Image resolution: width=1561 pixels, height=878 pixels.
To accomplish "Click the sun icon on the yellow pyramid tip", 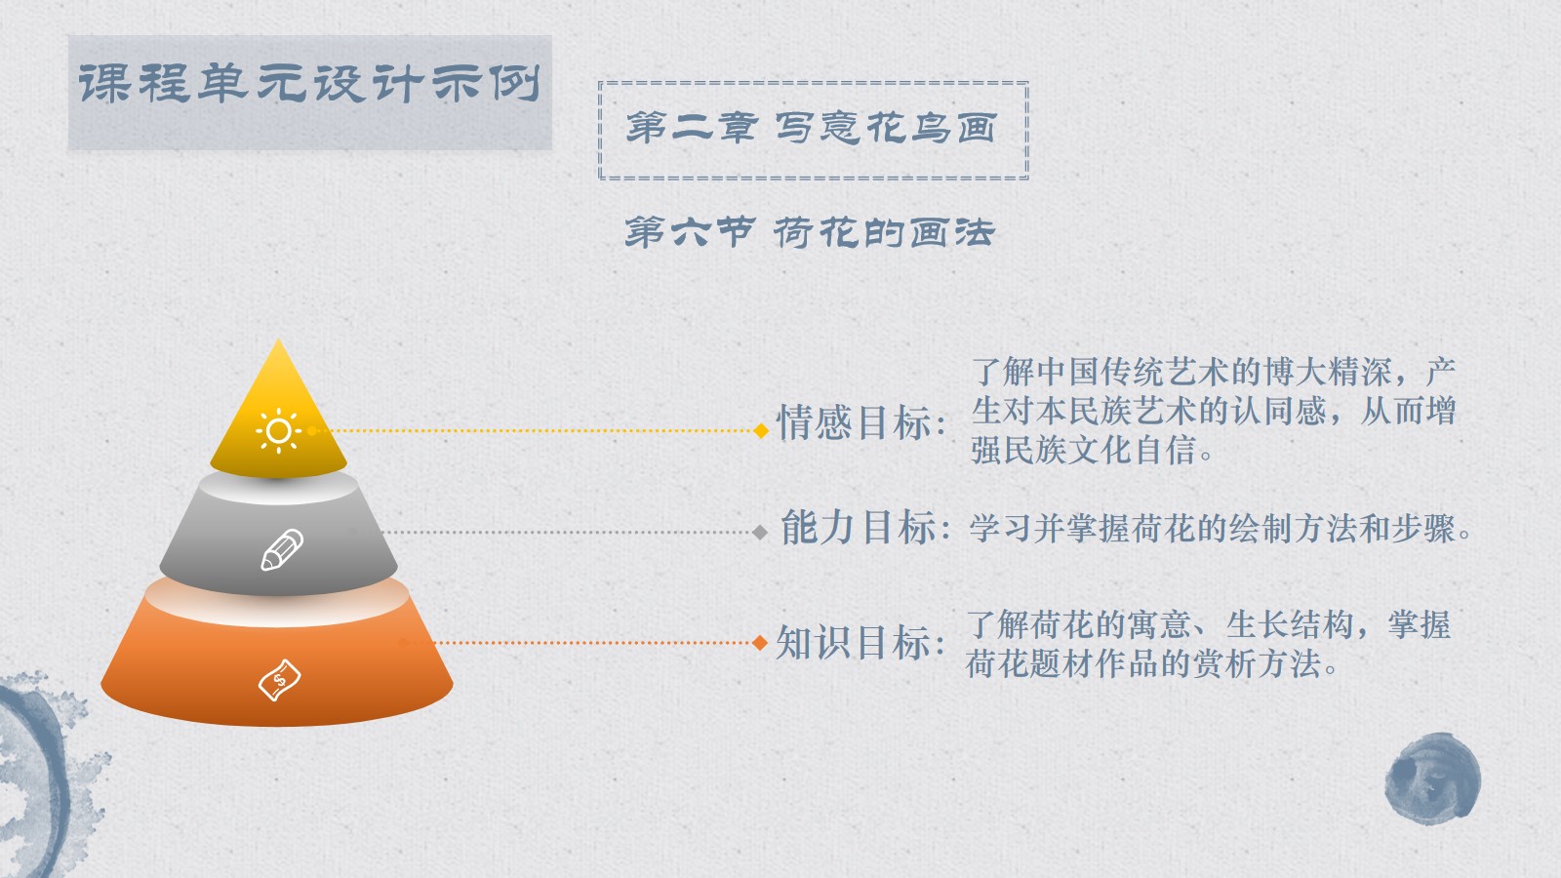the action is pos(279,430).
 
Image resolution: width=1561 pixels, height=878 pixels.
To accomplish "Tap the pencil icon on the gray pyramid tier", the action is pos(282,550).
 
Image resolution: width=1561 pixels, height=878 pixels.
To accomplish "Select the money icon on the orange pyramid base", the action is pos(279,679).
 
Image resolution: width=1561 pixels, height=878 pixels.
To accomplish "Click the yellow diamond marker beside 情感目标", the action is pos(761,430).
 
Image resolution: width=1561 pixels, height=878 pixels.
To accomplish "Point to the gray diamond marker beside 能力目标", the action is pos(760,533).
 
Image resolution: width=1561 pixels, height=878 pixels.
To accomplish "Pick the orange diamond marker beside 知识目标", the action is pos(760,643).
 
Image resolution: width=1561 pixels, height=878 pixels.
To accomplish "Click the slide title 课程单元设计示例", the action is pos(309,85).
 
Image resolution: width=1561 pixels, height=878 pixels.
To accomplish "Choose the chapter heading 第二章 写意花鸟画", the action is pos(812,128).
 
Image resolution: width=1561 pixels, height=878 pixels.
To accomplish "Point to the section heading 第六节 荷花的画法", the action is pos(809,232).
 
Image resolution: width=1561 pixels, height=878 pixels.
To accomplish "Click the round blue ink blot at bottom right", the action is pos(1433,778).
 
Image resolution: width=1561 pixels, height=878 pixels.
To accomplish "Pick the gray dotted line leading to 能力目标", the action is pos(568,533).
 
